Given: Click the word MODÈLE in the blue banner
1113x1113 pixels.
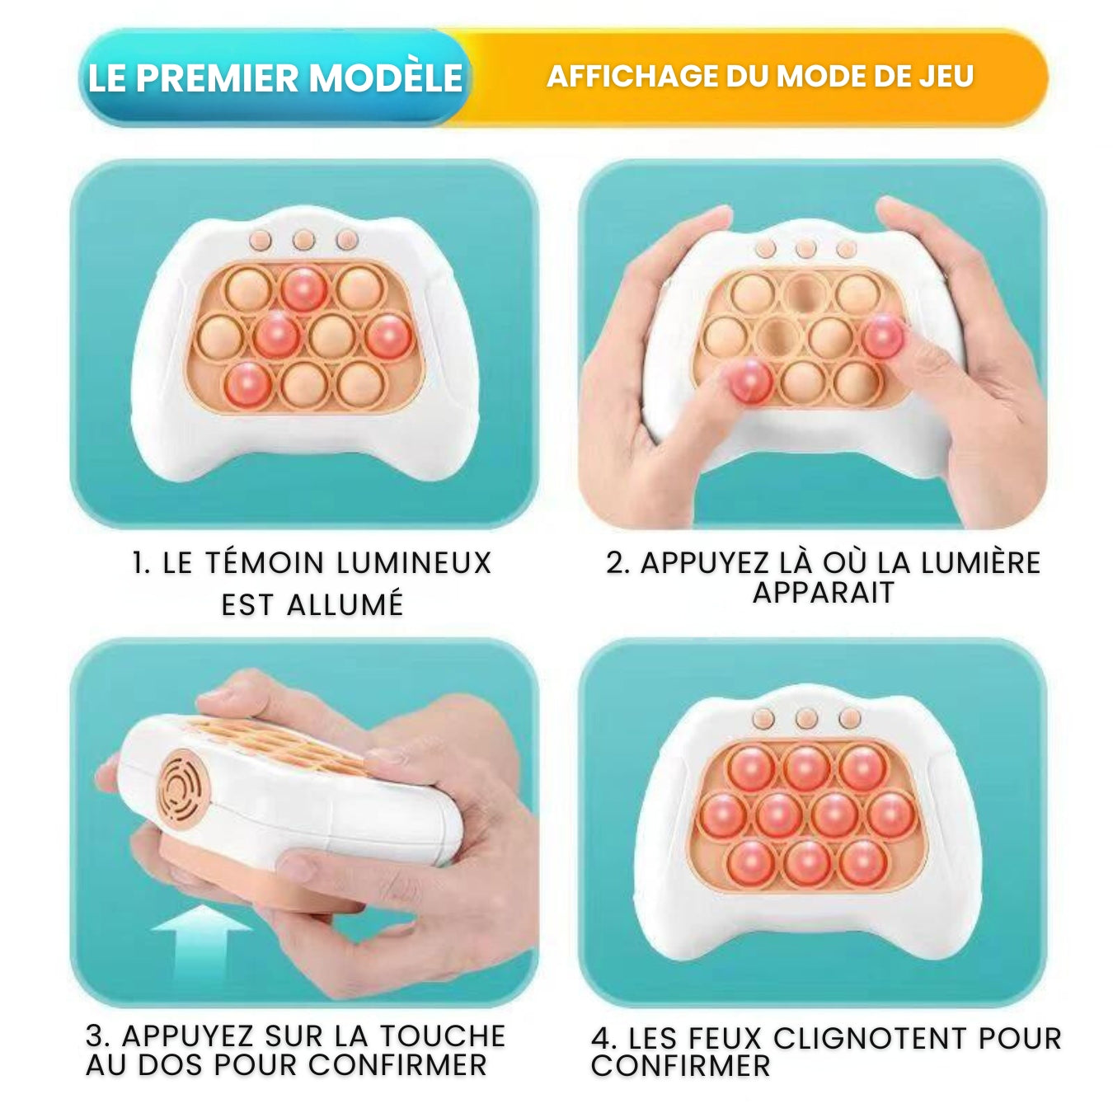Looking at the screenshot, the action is point(387,77).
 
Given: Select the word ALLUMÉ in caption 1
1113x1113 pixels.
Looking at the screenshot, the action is point(345,604).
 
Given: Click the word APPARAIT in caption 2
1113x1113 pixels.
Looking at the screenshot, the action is point(824,593).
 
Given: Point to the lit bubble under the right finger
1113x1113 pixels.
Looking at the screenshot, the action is point(883,337).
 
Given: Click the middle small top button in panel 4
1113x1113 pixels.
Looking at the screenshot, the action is point(805,719).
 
